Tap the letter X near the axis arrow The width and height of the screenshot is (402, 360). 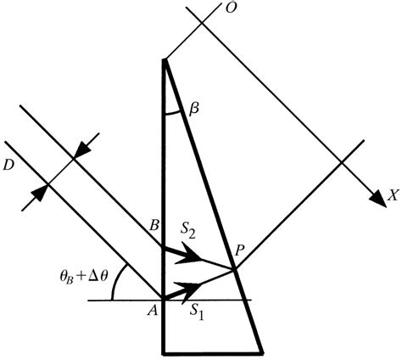pyautogui.click(x=393, y=195)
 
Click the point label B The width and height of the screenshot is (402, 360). pyautogui.click(x=153, y=228)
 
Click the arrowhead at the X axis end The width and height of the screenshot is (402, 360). pyautogui.click(x=377, y=199)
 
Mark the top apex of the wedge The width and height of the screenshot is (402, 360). pyautogui.click(x=163, y=59)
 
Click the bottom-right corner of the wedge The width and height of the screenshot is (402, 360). pyautogui.click(x=260, y=349)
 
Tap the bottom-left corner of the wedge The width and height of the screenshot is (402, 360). pyautogui.click(x=163, y=349)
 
